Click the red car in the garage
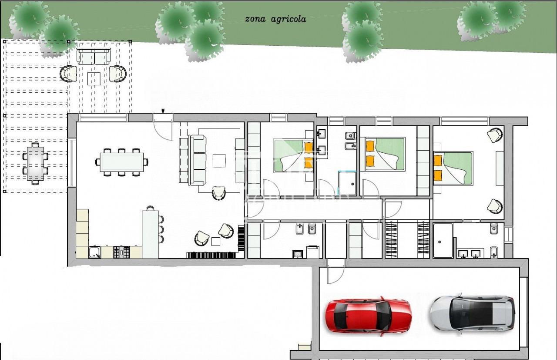[x=368, y=316]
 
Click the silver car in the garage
[x=473, y=314]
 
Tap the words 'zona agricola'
[x=275, y=19]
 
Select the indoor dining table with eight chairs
[x=121, y=162]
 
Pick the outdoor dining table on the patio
[x=35, y=163]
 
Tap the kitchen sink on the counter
[x=94, y=252]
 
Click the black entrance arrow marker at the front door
[x=163, y=111]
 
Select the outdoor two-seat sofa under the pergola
[x=94, y=57]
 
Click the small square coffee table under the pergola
[x=94, y=79]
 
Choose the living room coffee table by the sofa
[x=219, y=161]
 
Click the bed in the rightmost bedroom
[x=453, y=168]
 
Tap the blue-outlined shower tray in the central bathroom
[x=347, y=183]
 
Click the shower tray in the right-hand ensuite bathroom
[x=443, y=240]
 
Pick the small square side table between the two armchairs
[x=216, y=242]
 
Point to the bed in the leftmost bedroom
[x=293, y=156]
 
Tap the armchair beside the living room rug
[x=219, y=193]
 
